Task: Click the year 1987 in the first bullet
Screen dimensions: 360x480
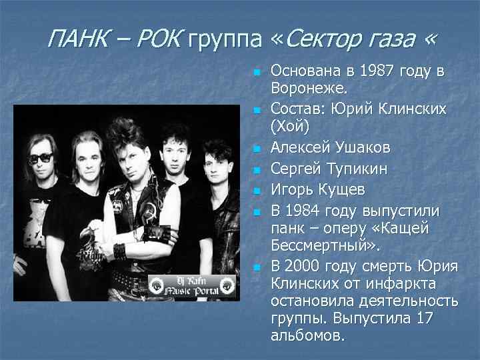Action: coord(372,71)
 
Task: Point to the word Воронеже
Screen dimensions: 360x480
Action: coord(309,89)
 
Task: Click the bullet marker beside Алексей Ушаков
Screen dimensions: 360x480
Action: coord(256,147)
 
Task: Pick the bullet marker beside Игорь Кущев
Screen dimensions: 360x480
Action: coord(256,190)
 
